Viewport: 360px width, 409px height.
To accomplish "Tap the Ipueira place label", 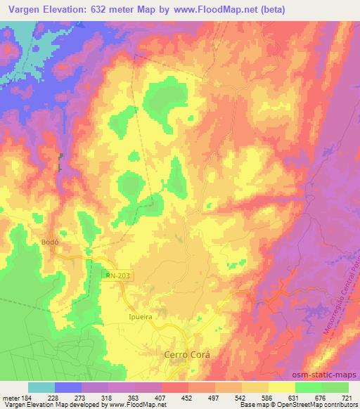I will (140, 316).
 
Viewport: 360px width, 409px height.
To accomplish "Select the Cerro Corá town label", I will (186, 355).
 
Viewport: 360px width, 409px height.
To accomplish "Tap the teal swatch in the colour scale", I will (41, 388).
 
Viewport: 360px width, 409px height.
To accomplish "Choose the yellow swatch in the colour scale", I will (281, 388).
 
